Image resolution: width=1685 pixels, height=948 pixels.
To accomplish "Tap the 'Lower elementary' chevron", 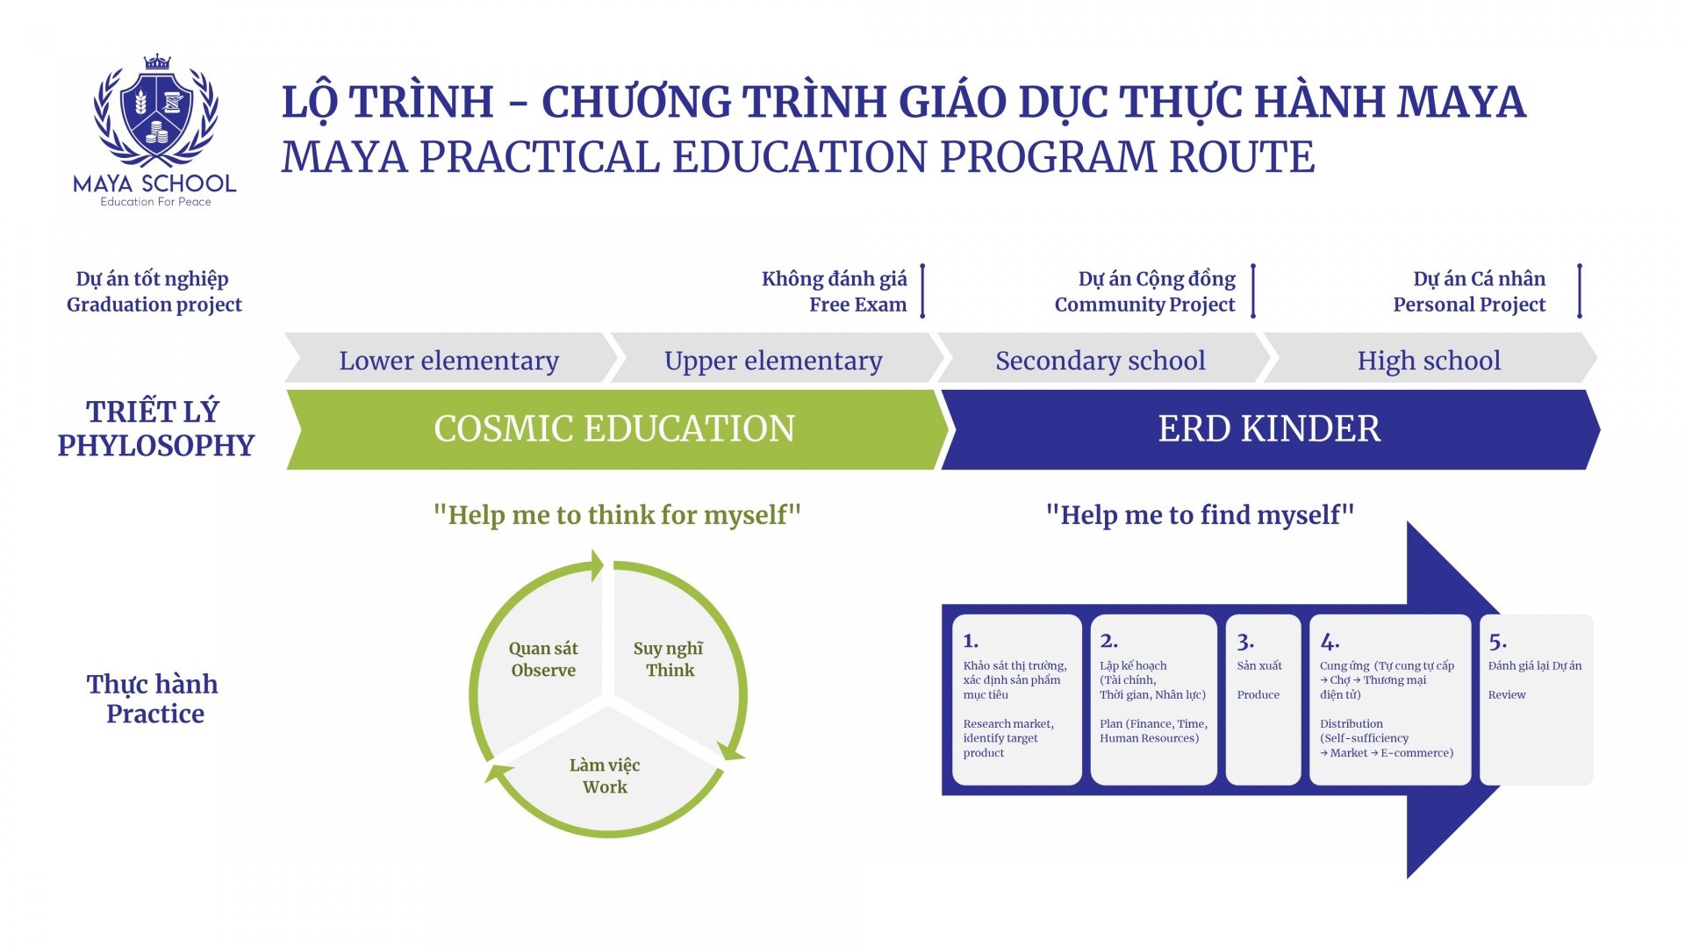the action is point(450,358).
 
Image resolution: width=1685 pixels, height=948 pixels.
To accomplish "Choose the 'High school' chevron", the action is point(1430,358).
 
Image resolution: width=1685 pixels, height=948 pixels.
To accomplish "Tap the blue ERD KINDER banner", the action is point(1270,429).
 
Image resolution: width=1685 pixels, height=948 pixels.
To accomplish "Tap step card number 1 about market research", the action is point(1017,700).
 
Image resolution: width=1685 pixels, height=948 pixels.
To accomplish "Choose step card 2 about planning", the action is point(1154,700).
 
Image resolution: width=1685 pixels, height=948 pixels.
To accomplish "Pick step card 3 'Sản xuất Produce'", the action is point(1263,700).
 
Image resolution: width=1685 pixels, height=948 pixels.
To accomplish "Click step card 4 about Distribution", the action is point(1390,700).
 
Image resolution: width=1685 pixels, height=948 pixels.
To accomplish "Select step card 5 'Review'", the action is point(1536,700).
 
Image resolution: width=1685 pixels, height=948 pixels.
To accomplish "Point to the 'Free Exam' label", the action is point(857,305).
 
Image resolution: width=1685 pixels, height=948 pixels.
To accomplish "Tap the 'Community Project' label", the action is point(1144,305).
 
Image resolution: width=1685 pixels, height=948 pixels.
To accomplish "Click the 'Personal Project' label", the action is point(1469,305).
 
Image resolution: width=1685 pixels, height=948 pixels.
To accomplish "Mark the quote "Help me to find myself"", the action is point(1200,514).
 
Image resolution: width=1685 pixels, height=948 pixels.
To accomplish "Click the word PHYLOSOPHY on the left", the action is point(156,446).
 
